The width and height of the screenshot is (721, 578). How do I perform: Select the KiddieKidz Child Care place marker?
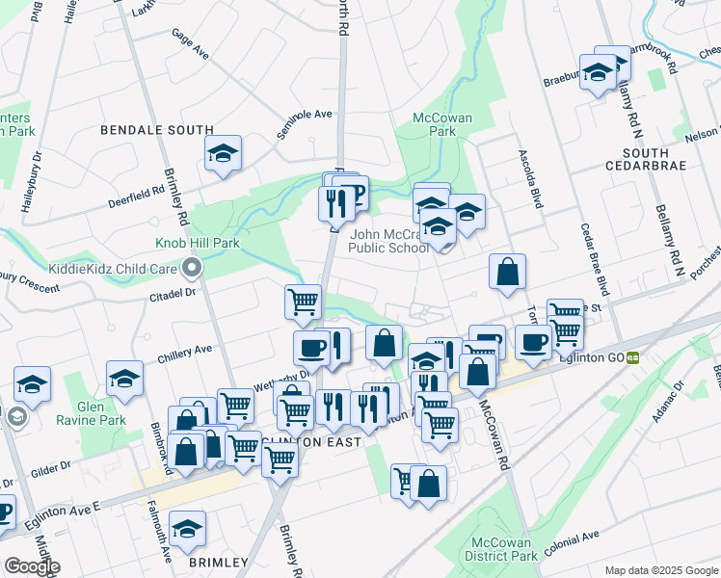192,267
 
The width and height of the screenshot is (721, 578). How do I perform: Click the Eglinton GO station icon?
633,356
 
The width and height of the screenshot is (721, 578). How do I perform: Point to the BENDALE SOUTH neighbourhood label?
157,129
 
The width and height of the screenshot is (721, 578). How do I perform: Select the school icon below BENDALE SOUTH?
223,152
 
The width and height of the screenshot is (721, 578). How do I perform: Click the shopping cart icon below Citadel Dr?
303,301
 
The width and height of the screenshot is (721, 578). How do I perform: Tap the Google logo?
32,566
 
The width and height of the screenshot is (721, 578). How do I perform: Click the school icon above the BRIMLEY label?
187,527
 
